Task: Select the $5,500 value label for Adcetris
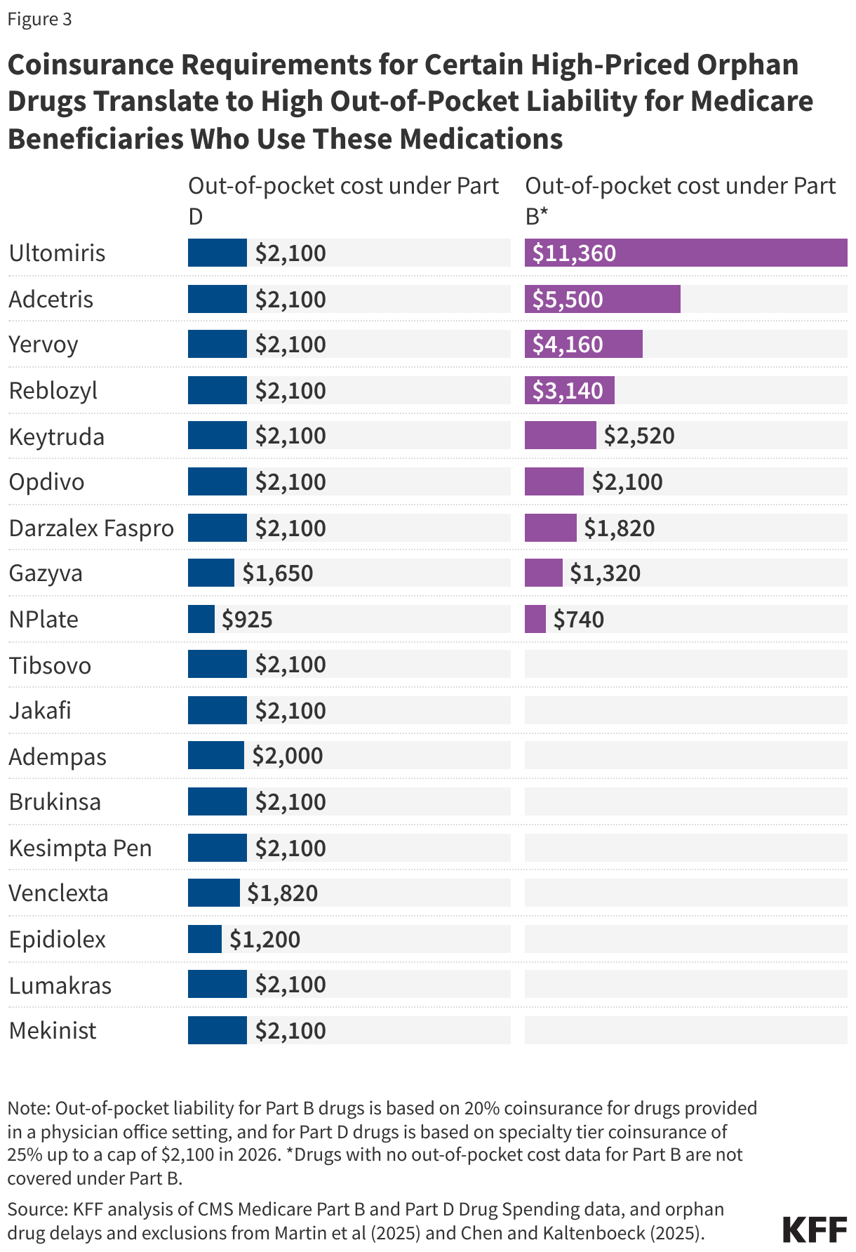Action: (x=568, y=299)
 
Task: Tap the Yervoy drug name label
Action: (x=44, y=345)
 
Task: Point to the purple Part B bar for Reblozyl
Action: (x=569, y=390)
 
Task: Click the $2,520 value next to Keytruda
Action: (x=639, y=436)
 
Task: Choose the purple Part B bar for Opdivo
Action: (x=554, y=481)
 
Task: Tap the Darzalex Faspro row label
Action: (x=91, y=528)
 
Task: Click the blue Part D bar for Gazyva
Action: (x=210, y=573)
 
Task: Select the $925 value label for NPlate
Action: (x=247, y=619)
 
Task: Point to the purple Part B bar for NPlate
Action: (x=535, y=619)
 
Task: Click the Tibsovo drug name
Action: (x=50, y=665)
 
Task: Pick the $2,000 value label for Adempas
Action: (x=288, y=756)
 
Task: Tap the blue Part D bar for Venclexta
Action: (x=213, y=893)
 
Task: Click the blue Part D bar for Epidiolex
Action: (x=204, y=939)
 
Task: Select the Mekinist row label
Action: (x=53, y=1030)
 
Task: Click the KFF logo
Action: (x=815, y=1230)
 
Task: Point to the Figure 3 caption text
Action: (x=39, y=19)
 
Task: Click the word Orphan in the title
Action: (x=747, y=65)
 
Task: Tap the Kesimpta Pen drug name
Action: (x=80, y=848)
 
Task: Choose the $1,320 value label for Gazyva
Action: (x=605, y=573)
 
